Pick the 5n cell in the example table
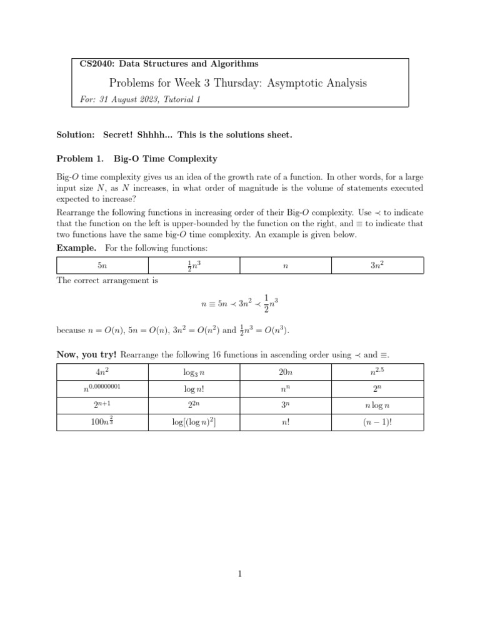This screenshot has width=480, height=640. tap(102, 266)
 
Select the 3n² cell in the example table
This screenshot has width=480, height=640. tap(377, 266)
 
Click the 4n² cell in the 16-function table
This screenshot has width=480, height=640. tap(102, 372)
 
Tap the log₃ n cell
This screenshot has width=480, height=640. tap(194, 372)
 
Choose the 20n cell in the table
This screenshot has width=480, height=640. tap(286, 372)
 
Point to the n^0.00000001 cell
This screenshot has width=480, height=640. tap(102, 388)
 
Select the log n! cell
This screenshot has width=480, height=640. tap(194, 389)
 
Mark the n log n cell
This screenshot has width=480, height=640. tap(377, 406)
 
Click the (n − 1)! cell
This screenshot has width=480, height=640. tap(377, 422)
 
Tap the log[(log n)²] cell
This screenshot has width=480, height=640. tap(194, 422)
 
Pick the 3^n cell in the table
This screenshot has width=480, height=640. tap(286, 405)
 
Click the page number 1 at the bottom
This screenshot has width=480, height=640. tap(240, 574)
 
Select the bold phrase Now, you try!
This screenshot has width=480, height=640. tap(86, 355)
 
